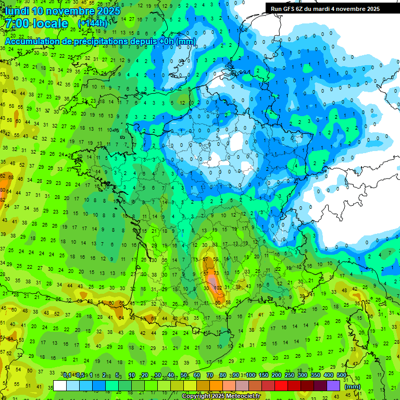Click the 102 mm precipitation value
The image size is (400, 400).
point(219,287)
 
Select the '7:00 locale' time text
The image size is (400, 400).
point(36,23)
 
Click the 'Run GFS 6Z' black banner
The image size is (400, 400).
point(325,9)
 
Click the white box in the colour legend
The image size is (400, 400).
point(60,386)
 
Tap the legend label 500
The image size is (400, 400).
point(342,375)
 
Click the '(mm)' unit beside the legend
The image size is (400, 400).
point(353,386)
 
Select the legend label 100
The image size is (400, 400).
point(251,375)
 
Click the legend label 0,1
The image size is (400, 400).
point(67,375)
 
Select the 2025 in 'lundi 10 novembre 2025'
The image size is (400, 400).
point(107,11)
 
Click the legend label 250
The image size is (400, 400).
point(289,375)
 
